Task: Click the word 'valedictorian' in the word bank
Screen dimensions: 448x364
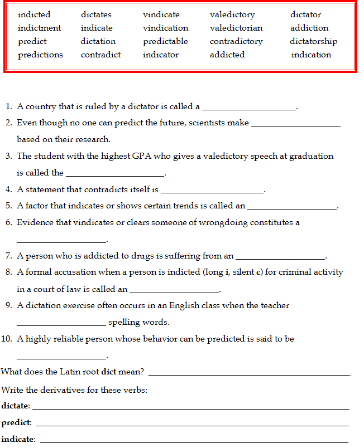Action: [x=236, y=28]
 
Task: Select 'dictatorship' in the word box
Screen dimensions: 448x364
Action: [x=313, y=41]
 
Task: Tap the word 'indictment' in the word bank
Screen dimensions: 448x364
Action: [x=39, y=28]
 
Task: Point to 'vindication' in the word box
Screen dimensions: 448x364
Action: [x=165, y=28]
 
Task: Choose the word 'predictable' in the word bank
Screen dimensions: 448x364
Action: [x=165, y=41]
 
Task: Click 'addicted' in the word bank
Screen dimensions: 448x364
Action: [x=227, y=55]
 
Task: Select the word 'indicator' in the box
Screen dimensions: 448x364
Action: [x=161, y=55]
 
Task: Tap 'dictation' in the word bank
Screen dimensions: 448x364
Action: [x=98, y=41]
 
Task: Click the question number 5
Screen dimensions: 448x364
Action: [x=9, y=206]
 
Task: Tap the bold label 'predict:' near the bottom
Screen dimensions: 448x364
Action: [x=16, y=422]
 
